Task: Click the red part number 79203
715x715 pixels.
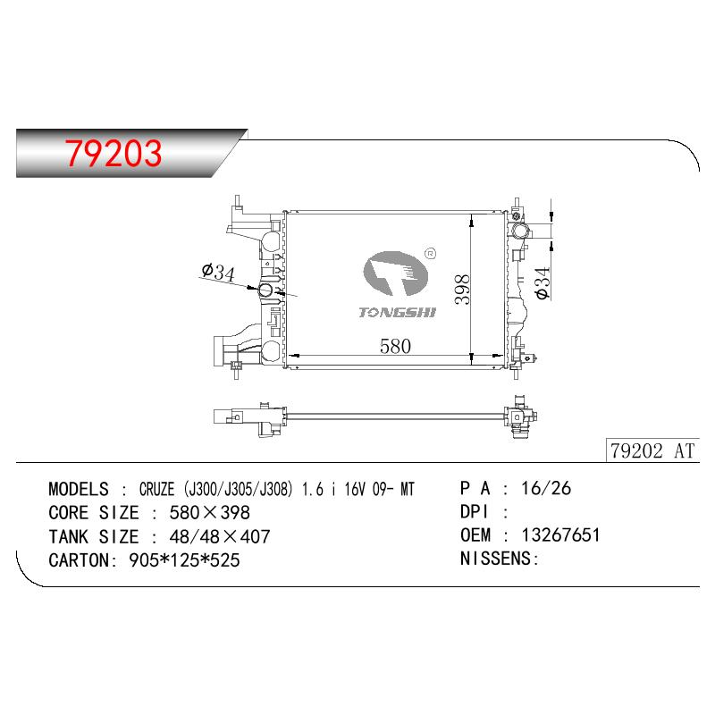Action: (x=114, y=153)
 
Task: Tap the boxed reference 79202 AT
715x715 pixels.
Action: (x=652, y=451)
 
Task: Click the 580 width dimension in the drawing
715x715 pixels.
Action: (x=395, y=346)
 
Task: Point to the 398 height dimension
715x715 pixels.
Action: (x=462, y=289)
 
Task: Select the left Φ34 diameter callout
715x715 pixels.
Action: (x=218, y=272)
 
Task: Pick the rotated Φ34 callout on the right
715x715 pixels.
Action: (x=543, y=283)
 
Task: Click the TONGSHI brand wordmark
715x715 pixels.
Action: (x=397, y=312)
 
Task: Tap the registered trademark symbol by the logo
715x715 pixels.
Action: (x=430, y=254)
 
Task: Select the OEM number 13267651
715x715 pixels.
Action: (x=560, y=534)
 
